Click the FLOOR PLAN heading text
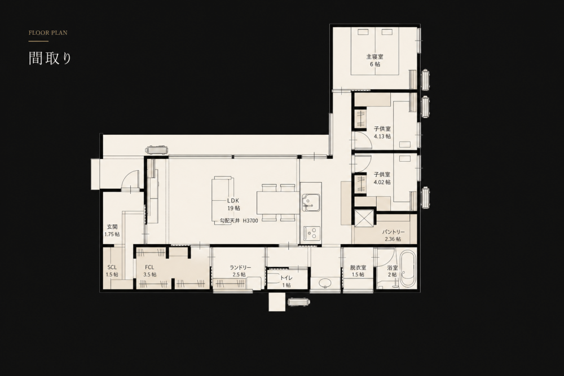(x=48, y=33)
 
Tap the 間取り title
(x=50, y=58)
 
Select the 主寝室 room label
(x=375, y=56)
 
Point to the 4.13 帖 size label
(x=382, y=136)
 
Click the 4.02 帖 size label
(x=382, y=182)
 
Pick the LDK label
(x=233, y=201)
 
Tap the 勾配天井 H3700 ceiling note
(x=239, y=221)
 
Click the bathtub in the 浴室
(x=408, y=268)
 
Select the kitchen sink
(x=311, y=202)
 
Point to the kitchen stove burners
(x=311, y=233)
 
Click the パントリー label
(x=393, y=232)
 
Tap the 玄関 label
(x=112, y=227)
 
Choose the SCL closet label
(x=112, y=267)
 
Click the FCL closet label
(x=149, y=267)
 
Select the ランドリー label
(x=240, y=267)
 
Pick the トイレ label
(x=287, y=278)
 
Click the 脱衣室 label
(x=358, y=267)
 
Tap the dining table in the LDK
(x=278, y=203)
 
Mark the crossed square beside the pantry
(x=364, y=218)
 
